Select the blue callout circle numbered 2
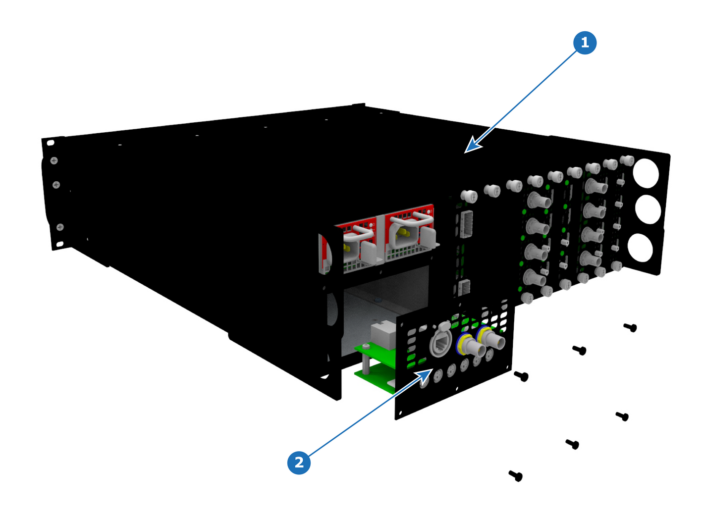coord(298,463)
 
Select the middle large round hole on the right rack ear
coord(648,209)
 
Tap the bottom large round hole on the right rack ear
coord(640,248)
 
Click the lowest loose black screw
coord(515,475)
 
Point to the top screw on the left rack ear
coord(54,161)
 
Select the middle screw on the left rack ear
coord(56,185)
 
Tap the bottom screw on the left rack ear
coord(60,227)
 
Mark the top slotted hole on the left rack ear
coord(51,143)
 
